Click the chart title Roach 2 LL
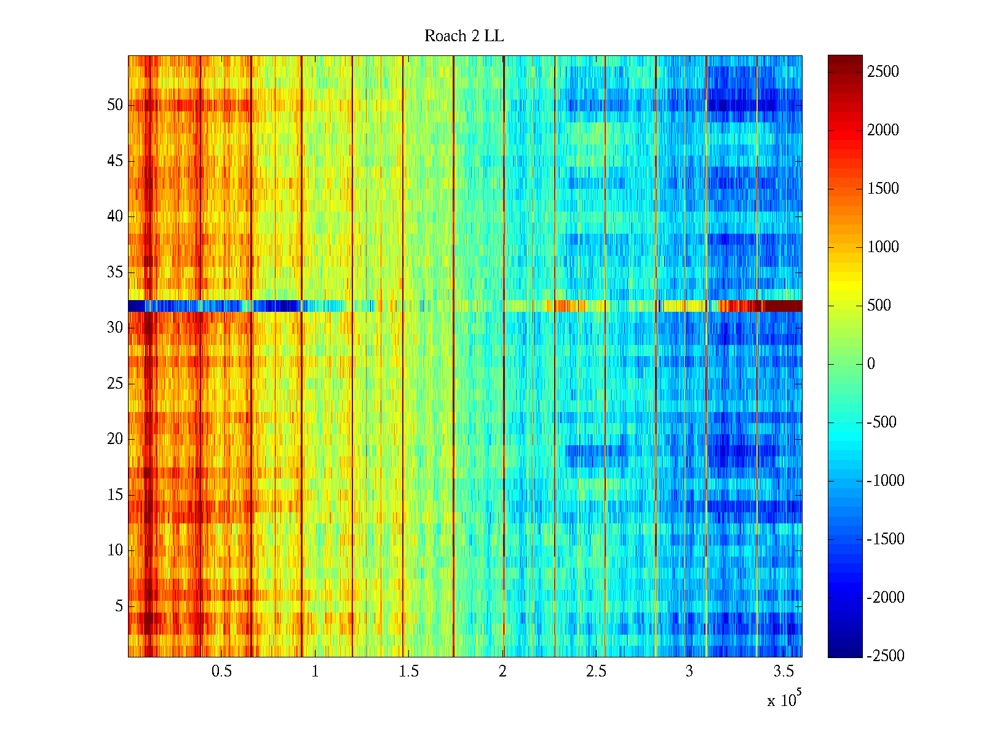tap(464, 36)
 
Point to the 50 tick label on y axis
tap(115, 105)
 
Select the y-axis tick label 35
tap(115, 272)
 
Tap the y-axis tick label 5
tap(119, 606)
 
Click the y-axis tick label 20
tap(115, 439)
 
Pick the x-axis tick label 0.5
tap(222, 672)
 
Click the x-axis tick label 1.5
tap(409, 672)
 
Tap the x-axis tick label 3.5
tap(784, 672)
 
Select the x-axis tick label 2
tap(503, 672)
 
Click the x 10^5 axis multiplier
tap(784, 700)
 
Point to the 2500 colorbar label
tap(883, 72)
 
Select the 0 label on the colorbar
tap(871, 364)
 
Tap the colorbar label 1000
tap(883, 247)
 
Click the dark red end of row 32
tap(782, 306)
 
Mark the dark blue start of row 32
tap(135, 306)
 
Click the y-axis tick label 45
tap(115, 161)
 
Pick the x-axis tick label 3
tap(689, 672)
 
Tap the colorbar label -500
tap(882, 423)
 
